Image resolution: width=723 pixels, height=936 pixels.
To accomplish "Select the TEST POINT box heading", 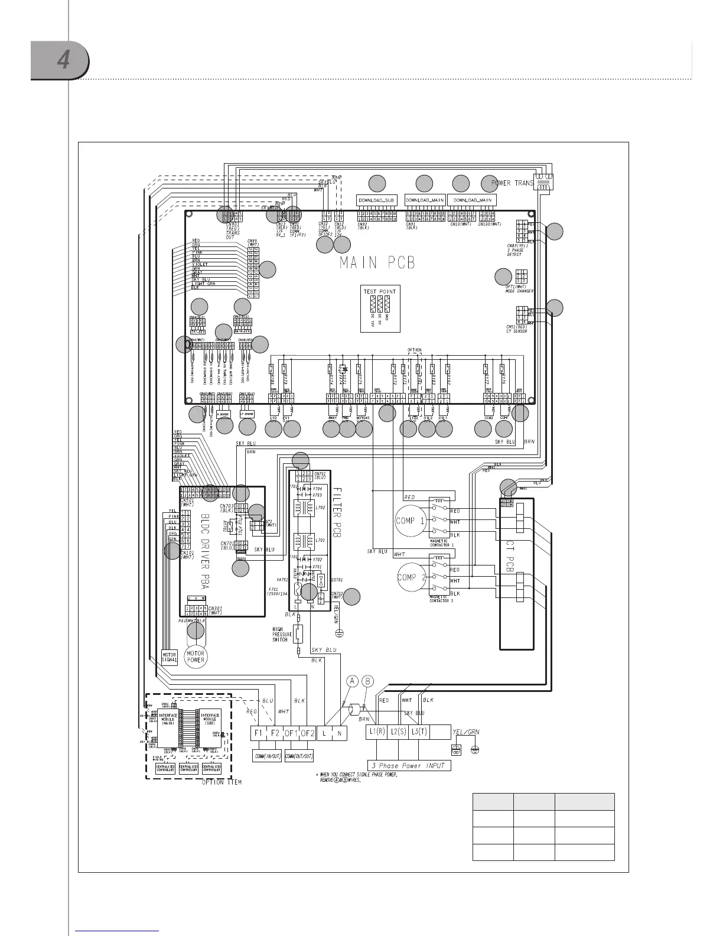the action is coord(380,291).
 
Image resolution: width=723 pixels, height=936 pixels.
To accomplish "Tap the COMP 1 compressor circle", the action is coord(410,521).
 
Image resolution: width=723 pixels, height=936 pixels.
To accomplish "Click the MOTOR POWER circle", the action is coord(196,656).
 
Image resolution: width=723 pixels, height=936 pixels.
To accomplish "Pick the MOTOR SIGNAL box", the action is coord(170,658).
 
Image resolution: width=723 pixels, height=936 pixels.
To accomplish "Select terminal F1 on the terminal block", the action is coord(258,733).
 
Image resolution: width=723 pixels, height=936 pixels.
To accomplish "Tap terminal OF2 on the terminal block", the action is coord(308,733).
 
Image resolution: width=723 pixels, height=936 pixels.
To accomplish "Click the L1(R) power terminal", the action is coord(377,733).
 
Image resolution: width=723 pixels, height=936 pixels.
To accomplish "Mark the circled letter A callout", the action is coord(352,681).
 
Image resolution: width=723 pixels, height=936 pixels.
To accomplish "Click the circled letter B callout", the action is coord(369,681).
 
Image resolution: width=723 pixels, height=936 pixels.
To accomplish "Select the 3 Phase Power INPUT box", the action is coord(408,765).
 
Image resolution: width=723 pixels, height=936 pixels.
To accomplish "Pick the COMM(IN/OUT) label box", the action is coord(266,756).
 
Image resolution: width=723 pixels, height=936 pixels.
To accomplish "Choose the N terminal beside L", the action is coord(340,733).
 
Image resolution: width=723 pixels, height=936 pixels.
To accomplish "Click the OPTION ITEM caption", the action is coord(221,783).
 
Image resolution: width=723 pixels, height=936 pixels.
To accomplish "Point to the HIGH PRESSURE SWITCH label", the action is coord(280,634).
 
